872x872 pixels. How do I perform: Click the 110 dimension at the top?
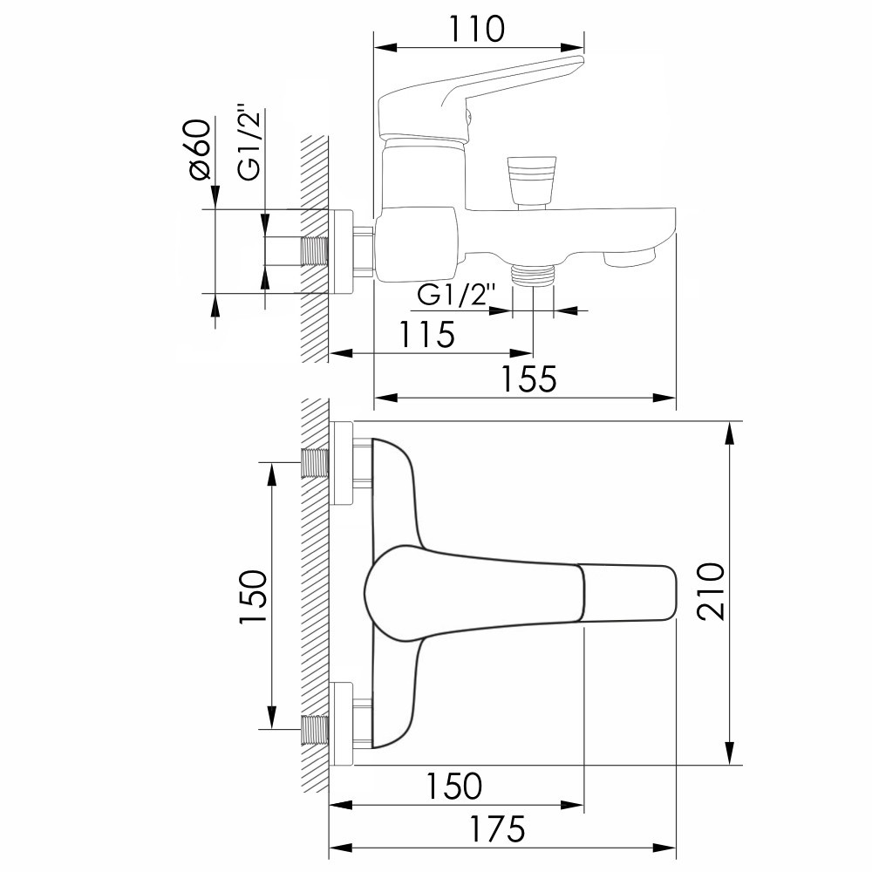click(x=477, y=30)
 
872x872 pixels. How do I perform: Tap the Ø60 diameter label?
click(x=201, y=149)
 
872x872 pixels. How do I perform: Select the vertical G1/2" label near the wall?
click(x=250, y=141)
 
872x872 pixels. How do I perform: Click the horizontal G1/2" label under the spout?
click(x=455, y=296)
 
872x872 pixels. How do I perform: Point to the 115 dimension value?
click(x=427, y=334)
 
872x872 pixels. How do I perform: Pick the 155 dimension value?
click(x=529, y=378)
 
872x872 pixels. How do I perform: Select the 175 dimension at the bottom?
click(x=498, y=829)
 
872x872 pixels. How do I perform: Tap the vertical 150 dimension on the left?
click(x=254, y=596)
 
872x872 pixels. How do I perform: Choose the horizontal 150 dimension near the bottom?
click(x=453, y=786)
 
